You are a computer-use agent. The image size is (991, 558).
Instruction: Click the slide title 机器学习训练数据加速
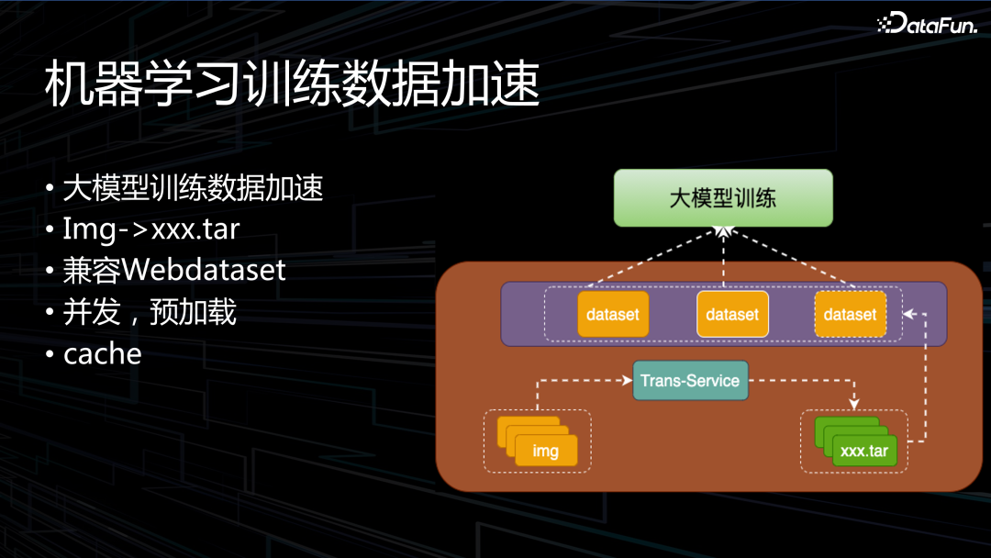pyautogui.click(x=292, y=88)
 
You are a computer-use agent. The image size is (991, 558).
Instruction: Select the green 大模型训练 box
pyautogui.click(x=723, y=197)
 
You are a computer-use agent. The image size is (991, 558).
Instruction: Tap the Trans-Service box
pyautogui.click(x=690, y=381)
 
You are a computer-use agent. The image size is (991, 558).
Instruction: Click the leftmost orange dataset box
pyautogui.click(x=612, y=315)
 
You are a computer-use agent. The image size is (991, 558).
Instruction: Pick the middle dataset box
pyautogui.click(x=731, y=315)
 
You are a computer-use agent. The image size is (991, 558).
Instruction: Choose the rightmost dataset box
pyautogui.click(x=850, y=315)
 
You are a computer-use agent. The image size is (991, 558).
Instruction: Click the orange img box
pyautogui.click(x=546, y=451)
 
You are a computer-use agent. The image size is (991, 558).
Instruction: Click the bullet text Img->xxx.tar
pyautogui.click(x=150, y=229)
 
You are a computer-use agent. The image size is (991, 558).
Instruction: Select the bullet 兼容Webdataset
pyautogui.click(x=174, y=270)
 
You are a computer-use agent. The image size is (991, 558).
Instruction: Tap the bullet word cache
pyautogui.click(x=102, y=353)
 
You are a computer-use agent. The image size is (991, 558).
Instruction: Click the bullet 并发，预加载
pyautogui.click(x=150, y=312)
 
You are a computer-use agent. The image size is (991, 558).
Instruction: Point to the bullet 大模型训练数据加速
pyautogui.click(x=193, y=188)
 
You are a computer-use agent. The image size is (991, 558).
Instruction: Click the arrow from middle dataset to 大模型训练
pyautogui.click(x=723, y=257)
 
